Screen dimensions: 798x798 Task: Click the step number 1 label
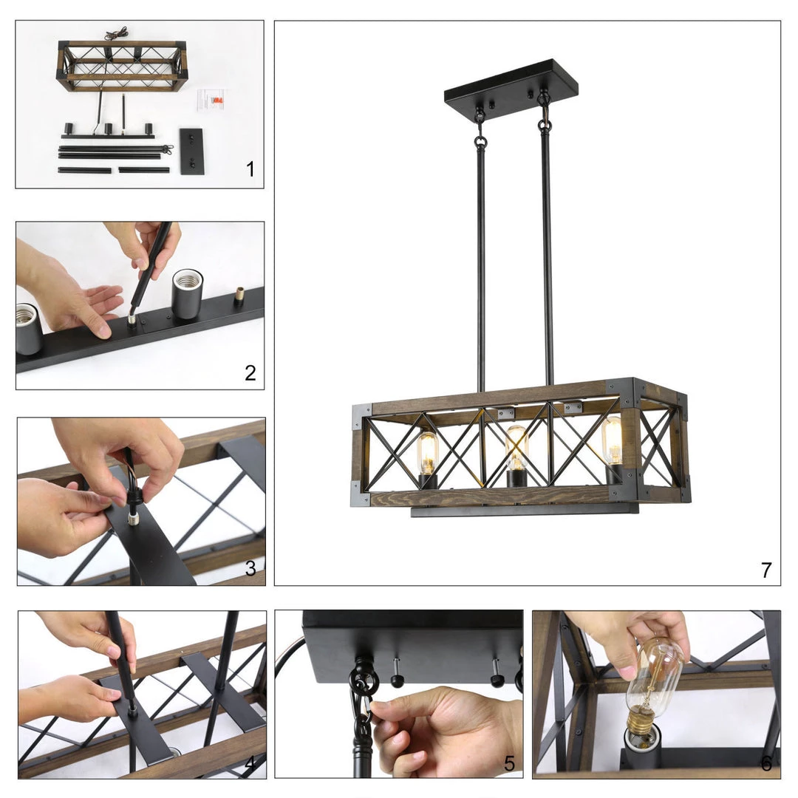[x=250, y=169]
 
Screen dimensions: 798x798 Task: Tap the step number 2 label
[x=250, y=373]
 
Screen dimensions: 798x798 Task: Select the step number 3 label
[x=250, y=568]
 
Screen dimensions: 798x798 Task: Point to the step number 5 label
[x=509, y=763]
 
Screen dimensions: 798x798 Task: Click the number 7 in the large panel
[x=766, y=570]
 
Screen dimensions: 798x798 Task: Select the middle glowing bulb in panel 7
[x=516, y=448]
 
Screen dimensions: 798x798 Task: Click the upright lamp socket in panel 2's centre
[x=187, y=294]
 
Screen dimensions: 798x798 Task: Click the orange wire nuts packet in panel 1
[x=218, y=100]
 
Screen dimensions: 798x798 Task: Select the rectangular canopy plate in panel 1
[x=191, y=151]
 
